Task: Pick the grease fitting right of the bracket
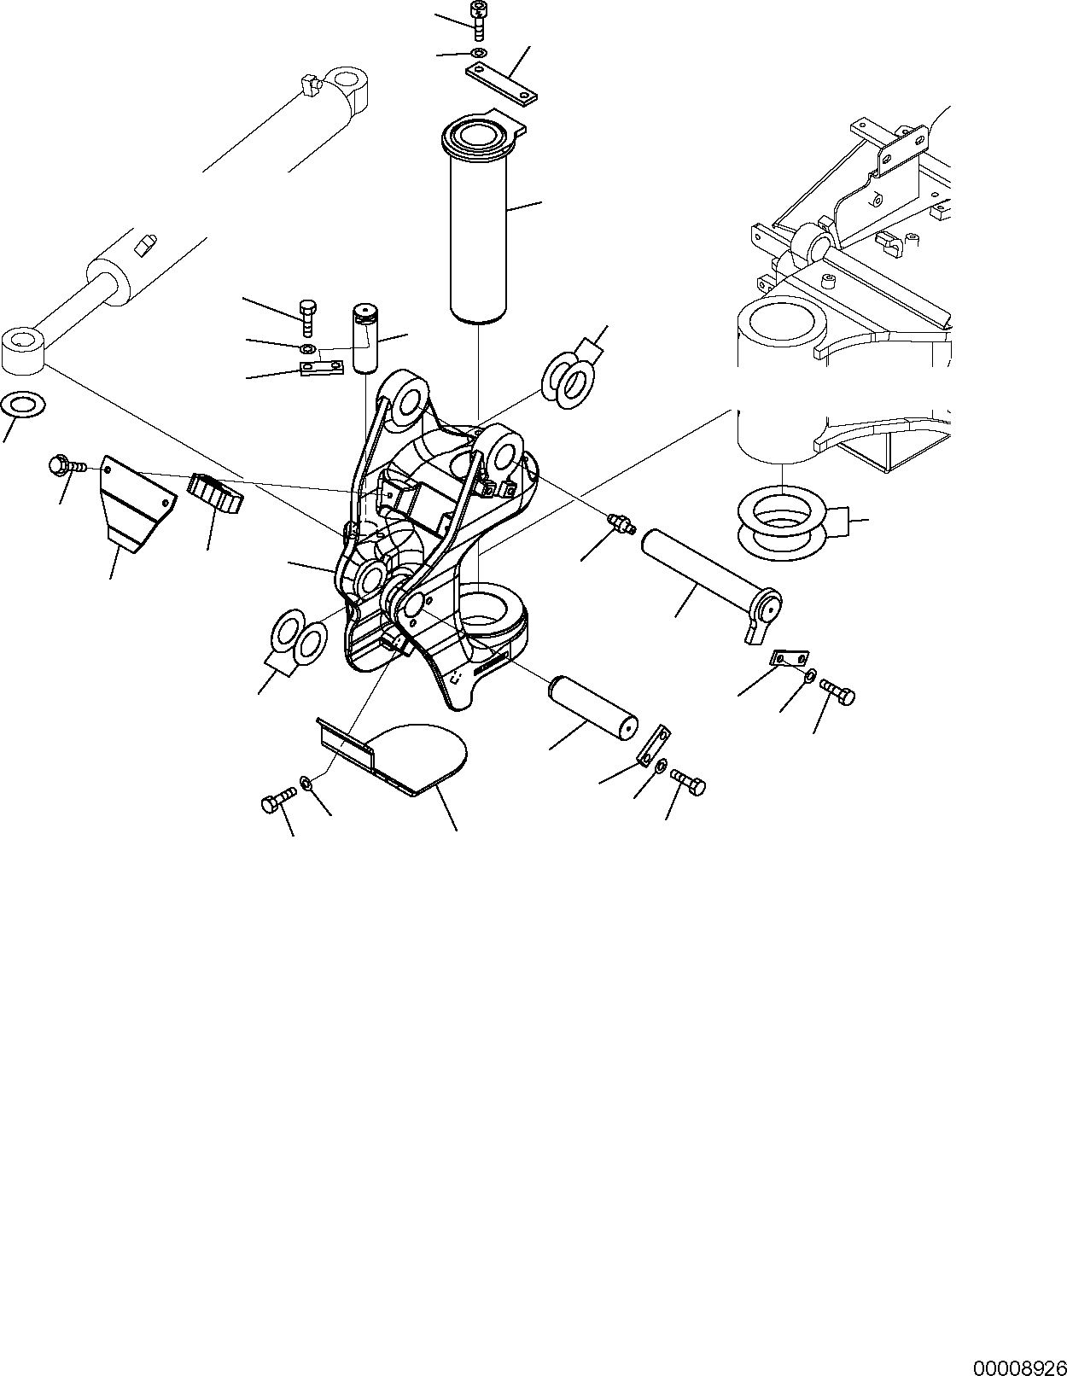point(620,524)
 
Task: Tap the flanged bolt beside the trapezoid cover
point(64,465)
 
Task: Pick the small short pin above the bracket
point(366,338)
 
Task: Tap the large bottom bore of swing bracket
point(493,607)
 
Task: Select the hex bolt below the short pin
point(688,781)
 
